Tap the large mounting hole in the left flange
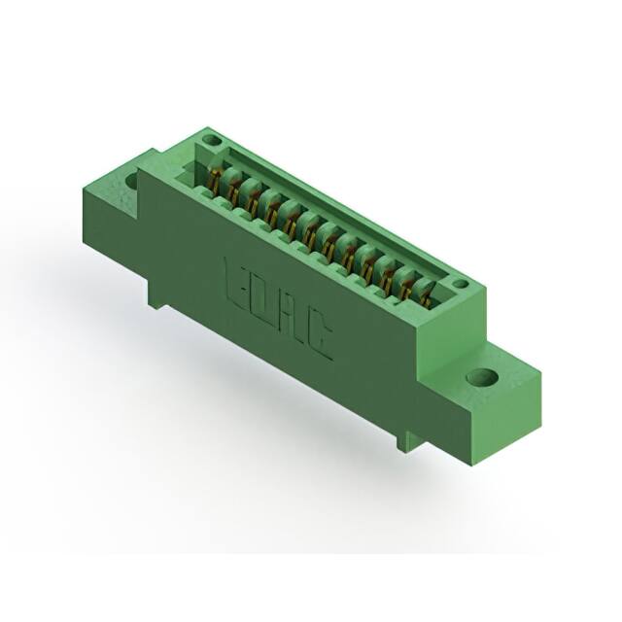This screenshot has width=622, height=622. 129,181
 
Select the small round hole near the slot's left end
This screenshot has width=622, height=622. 206,141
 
